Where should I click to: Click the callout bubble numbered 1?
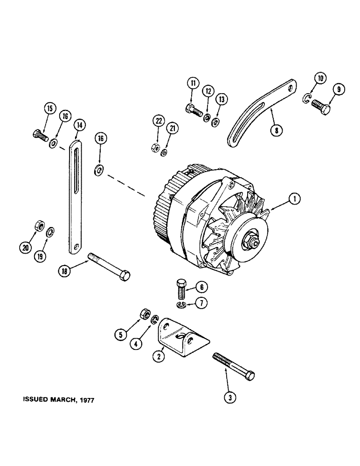(294, 200)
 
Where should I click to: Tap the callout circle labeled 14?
(80, 125)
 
